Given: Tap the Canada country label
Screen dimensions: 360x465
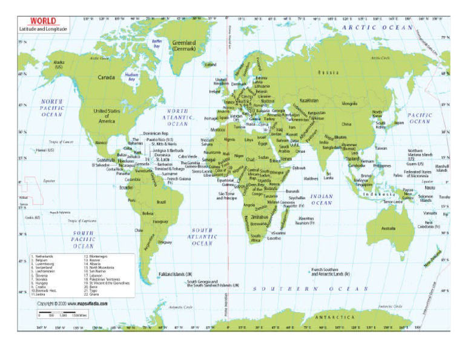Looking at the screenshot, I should point(106,78).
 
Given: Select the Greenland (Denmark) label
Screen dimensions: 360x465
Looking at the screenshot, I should point(183,46).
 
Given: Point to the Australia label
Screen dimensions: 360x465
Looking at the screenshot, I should point(389,228).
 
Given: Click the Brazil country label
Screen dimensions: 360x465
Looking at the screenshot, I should point(161,202).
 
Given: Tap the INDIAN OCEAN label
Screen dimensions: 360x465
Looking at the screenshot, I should point(322,199).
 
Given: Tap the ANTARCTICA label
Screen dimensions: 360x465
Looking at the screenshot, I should point(335,317).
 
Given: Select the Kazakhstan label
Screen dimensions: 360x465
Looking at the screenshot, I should point(309,101).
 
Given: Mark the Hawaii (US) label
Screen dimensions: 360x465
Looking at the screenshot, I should point(45,150).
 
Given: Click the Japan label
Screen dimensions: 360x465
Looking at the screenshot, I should point(399,122).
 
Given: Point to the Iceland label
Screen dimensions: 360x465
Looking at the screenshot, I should point(210,64).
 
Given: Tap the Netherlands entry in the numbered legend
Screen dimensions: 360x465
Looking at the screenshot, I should point(45,256).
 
